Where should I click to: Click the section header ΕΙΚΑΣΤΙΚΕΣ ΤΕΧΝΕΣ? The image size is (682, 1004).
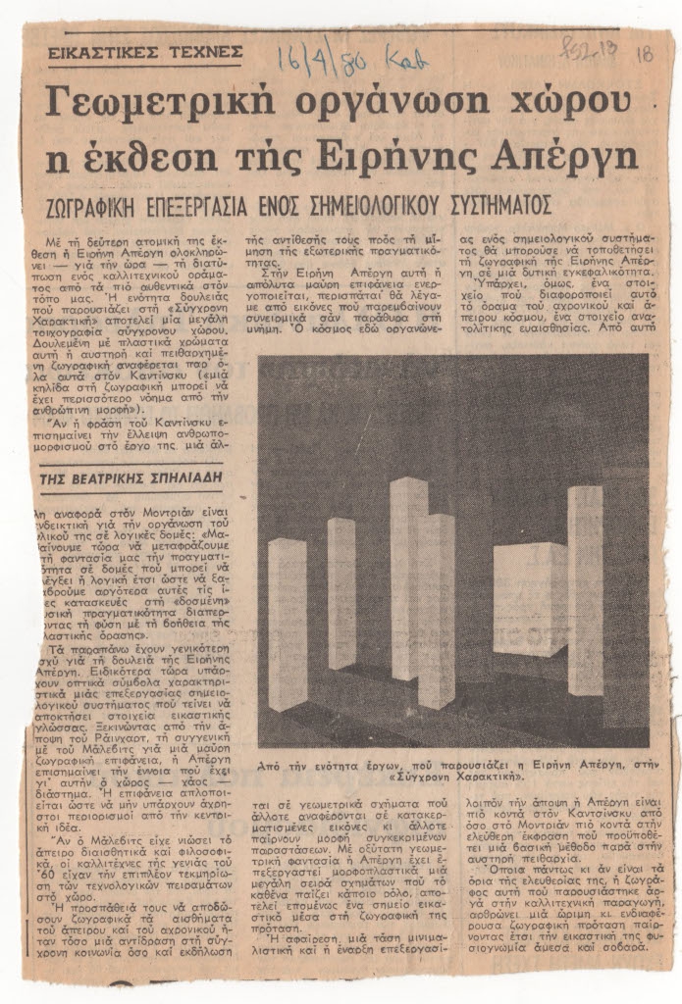click(145, 51)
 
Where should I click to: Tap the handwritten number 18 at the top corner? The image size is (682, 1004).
click(644, 55)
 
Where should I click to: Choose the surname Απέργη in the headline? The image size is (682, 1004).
click(567, 156)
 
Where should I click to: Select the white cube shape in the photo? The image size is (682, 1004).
click(529, 598)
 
